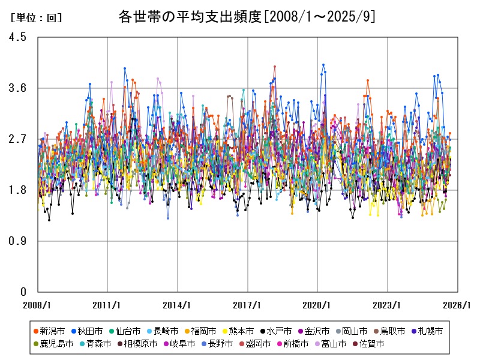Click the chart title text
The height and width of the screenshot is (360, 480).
click(247, 17)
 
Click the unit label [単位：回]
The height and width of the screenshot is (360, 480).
click(36, 18)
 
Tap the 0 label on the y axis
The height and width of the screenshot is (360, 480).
click(23, 292)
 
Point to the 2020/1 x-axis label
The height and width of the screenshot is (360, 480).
click(317, 305)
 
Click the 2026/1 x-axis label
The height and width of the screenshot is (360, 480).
click(457, 305)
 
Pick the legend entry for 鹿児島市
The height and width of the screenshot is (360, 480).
click(56, 344)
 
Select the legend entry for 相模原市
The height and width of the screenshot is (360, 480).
click(140, 344)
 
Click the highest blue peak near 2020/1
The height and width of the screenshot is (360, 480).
click(323, 64)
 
